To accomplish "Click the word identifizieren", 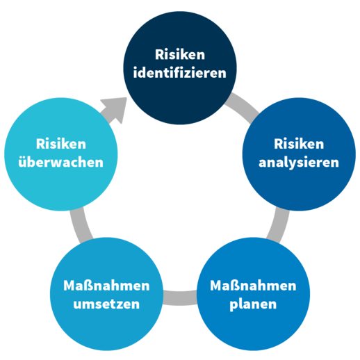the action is pyautogui.click(x=180, y=73).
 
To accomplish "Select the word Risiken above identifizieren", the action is pyautogui.click(x=180, y=55).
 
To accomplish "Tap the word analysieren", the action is pyautogui.click(x=299, y=163).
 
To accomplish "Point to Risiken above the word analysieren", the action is pyautogui.click(x=299, y=144).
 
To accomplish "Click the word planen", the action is pyautogui.click(x=253, y=304).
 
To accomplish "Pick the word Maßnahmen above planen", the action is pyautogui.click(x=253, y=286).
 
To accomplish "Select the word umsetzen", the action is pyautogui.click(x=106, y=304).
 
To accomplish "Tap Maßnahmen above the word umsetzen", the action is pyautogui.click(x=106, y=286).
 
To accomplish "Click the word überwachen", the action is pyautogui.click(x=60, y=162).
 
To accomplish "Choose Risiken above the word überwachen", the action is pyautogui.click(x=61, y=144).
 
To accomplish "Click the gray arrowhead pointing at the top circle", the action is pyautogui.click(x=115, y=108).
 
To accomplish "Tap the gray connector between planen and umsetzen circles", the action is pyautogui.click(x=180, y=298).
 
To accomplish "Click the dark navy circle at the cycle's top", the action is pyautogui.click(x=180, y=68).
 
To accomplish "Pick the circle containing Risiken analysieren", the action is pyautogui.click(x=299, y=154).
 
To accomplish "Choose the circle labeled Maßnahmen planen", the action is pyautogui.click(x=253, y=294).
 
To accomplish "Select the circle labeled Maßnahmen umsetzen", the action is pyautogui.click(x=106, y=294).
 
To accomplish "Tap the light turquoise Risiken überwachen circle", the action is pyautogui.click(x=61, y=154).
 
